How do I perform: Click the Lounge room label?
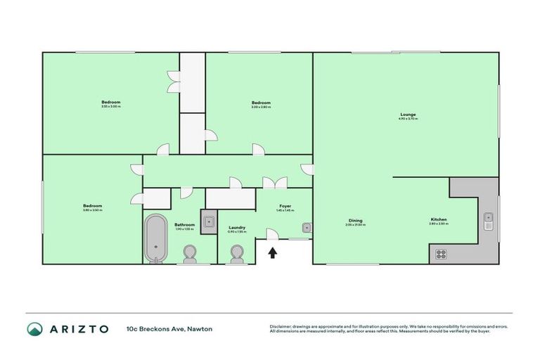(x=408, y=114)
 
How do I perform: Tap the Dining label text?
(x=355, y=220)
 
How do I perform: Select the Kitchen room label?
(x=439, y=220)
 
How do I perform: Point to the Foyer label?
(x=284, y=206)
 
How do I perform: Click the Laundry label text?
(x=237, y=227)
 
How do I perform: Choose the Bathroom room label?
(x=184, y=224)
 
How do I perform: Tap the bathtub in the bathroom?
(x=156, y=238)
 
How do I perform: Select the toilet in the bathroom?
(x=190, y=254)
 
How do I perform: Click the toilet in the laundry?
(x=237, y=254)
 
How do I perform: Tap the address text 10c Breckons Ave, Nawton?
(x=169, y=328)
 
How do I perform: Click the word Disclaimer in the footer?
(x=280, y=326)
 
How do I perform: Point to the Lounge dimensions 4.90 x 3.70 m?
(x=408, y=119)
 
